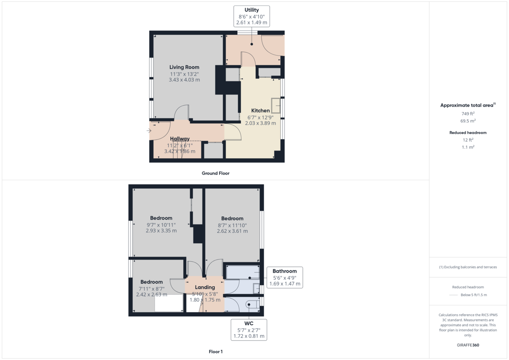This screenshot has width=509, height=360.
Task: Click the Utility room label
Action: click(x=252, y=10)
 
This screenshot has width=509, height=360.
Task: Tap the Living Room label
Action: click(x=184, y=67)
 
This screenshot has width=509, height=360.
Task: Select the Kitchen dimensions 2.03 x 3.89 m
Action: click(x=260, y=123)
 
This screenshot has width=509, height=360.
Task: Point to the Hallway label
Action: click(x=179, y=139)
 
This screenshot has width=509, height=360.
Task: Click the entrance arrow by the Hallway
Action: click(x=149, y=131)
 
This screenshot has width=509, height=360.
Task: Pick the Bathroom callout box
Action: click(x=285, y=277)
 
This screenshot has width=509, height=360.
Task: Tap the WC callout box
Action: click(x=249, y=329)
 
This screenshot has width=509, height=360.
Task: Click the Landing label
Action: click(x=205, y=287)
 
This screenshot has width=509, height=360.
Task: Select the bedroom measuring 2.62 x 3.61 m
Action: click(x=232, y=225)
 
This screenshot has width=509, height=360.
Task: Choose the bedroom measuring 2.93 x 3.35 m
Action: click(x=161, y=224)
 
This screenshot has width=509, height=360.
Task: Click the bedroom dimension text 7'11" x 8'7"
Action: click(x=151, y=288)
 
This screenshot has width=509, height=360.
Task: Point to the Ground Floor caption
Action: click(x=215, y=173)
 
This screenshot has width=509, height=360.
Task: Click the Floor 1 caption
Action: click(x=215, y=352)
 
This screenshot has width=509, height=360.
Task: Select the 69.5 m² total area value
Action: click(x=468, y=121)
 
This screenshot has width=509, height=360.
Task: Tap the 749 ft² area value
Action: click(x=468, y=114)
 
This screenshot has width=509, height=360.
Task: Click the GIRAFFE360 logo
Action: click(x=468, y=345)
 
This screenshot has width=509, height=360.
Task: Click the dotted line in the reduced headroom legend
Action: click(x=454, y=295)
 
